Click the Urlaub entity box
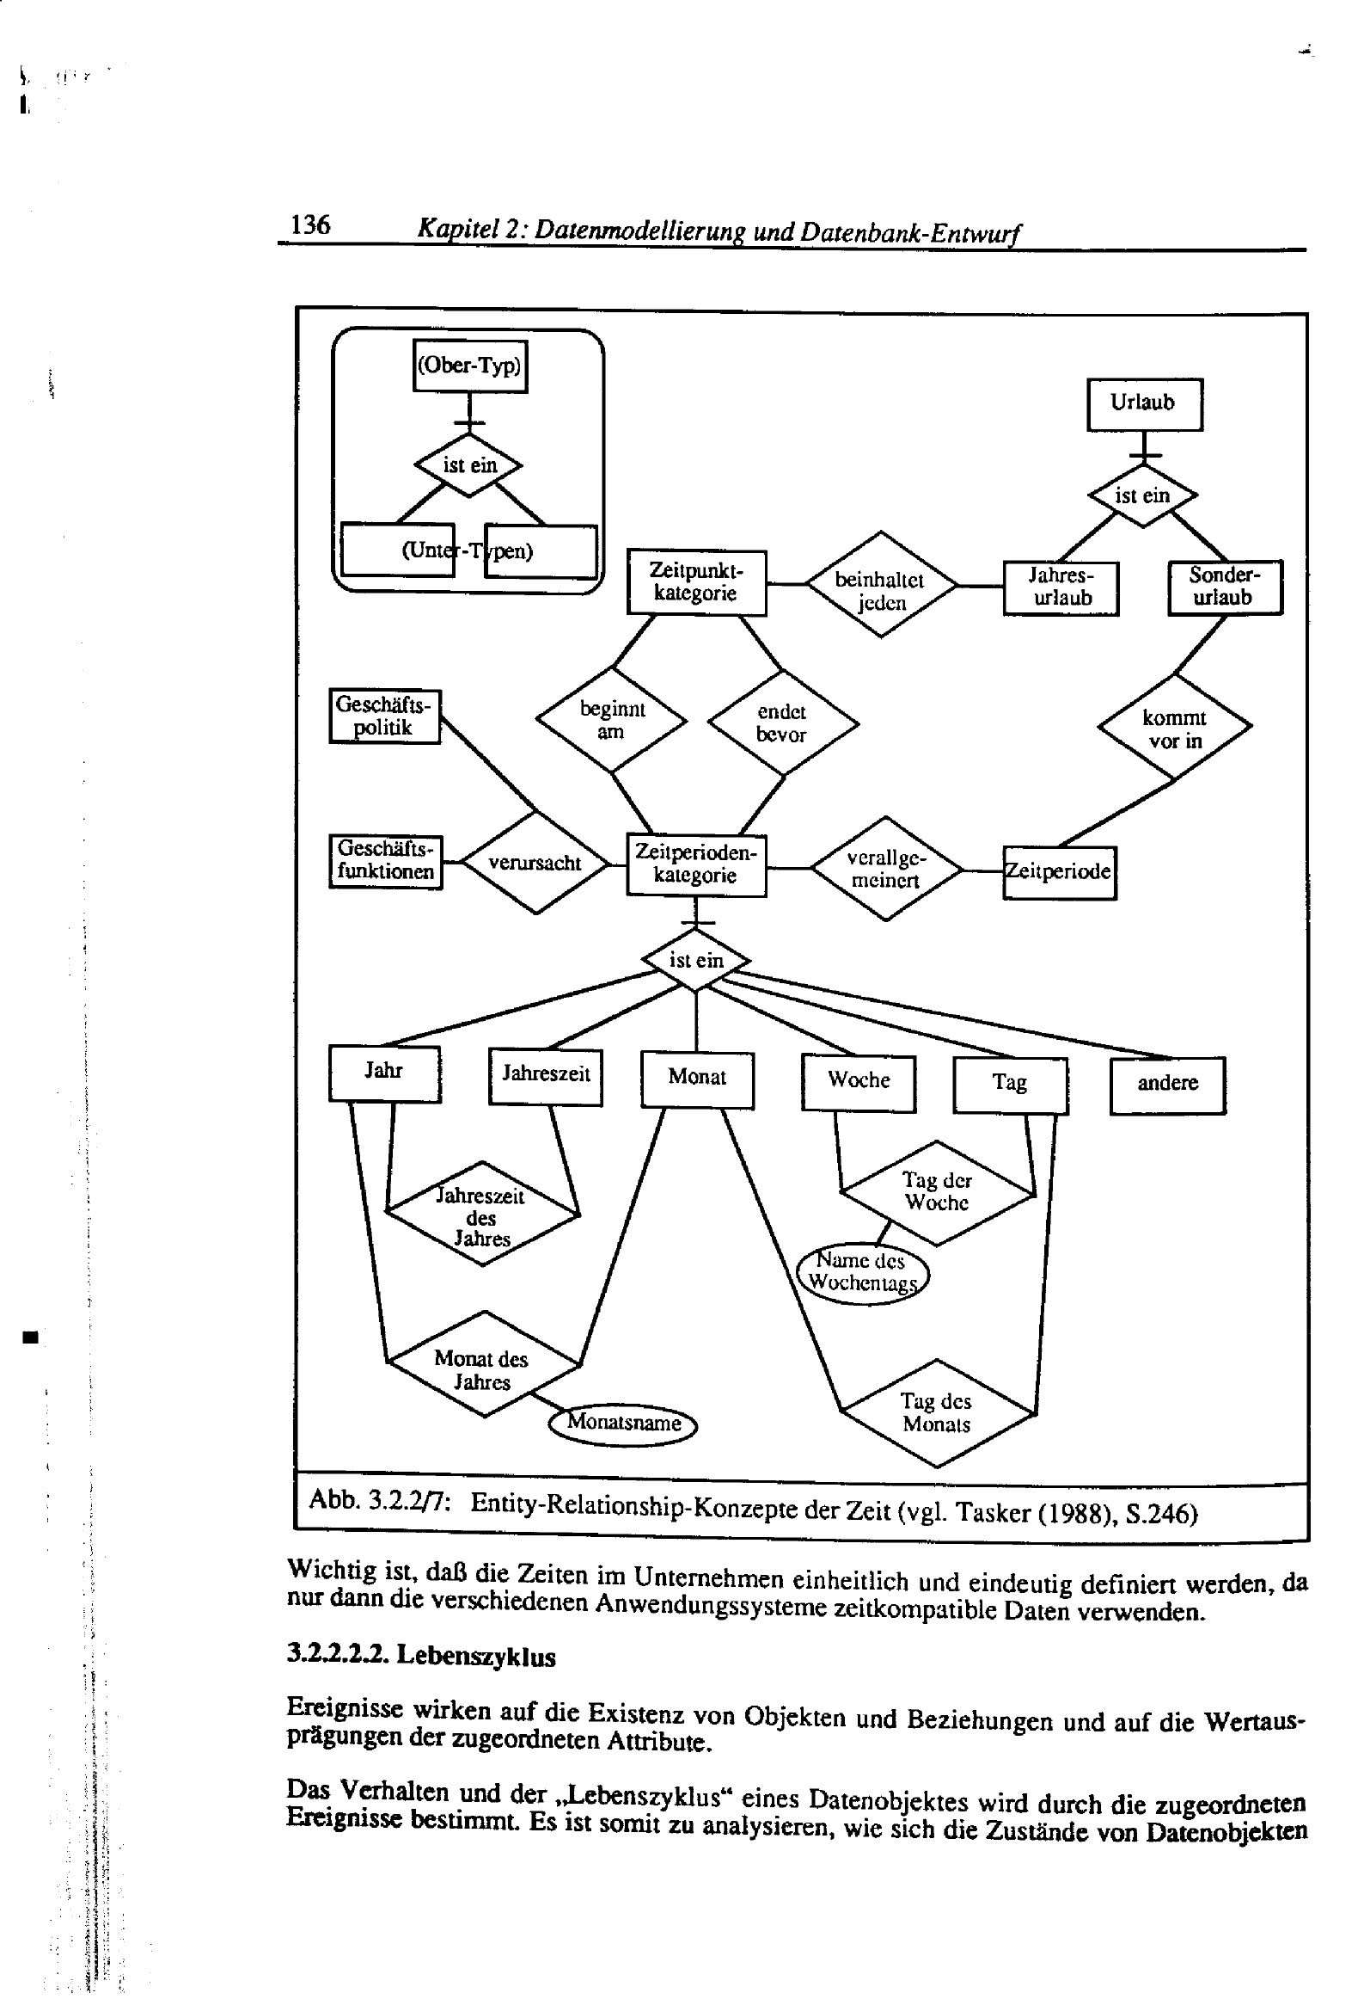coord(1143,403)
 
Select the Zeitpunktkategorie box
coord(695,582)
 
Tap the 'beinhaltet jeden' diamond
coord(880,585)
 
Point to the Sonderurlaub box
coord(1224,587)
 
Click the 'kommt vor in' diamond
coord(1174,728)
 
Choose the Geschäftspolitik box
coord(384,716)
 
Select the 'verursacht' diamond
coord(535,863)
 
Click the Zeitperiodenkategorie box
coord(695,864)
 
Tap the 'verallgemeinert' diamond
coord(885,868)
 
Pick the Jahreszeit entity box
coord(545,1075)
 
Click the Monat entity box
coord(696,1079)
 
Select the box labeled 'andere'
coord(1167,1085)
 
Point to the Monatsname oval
coord(623,1423)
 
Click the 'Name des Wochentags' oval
coord(861,1272)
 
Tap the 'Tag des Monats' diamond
coord(936,1413)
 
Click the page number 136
coord(309,225)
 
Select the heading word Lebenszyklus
coord(475,1657)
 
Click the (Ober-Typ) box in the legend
coord(469,366)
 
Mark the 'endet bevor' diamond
coord(782,723)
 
